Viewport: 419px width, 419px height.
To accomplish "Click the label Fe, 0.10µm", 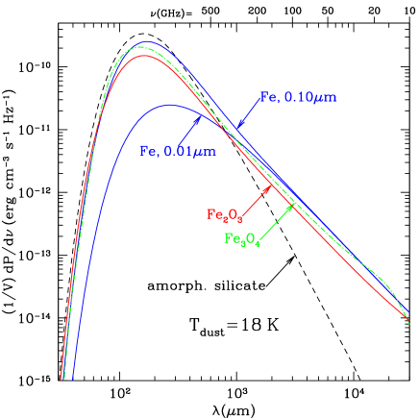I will [x=299, y=97].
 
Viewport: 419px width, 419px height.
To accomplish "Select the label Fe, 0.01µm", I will [x=178, y=151].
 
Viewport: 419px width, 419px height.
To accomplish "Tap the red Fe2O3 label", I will [x=223, y=214].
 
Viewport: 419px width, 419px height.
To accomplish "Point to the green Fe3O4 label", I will [x=242, y=238].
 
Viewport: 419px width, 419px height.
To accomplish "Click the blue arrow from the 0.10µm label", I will [x=249, y=113].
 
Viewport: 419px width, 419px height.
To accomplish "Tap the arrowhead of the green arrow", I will [x=290, y=206].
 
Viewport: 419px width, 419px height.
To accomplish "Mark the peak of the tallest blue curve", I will [x=145, y=41].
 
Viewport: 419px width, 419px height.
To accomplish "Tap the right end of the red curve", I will [x=407, y=318].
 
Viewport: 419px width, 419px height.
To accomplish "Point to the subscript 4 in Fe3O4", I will [x=259, y=242].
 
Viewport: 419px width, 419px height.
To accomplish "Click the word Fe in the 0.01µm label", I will [x=148, y=151].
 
